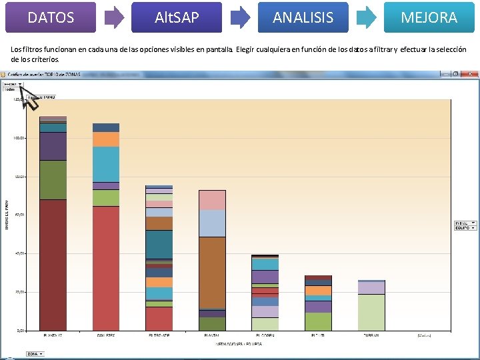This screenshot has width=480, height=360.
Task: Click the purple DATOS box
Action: pyautogui.click(x=51, y=17)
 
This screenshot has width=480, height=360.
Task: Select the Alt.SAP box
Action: pyautogui.click(x=177, y=17)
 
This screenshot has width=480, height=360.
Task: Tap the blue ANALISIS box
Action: pyautogui.click(x=303, y=17)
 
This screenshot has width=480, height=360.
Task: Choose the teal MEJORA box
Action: pyautogui.click(x=429, y=17)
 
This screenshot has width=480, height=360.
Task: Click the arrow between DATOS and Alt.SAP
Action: pyautogui.click(x=115, y=18)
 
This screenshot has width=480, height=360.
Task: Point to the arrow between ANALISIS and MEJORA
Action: pyautogui.click(x=366, y=18)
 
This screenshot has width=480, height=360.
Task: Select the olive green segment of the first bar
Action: pyautogui.click(x=53, y=179)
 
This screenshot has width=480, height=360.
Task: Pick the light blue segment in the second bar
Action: pyautogui.click(x=106, y=163)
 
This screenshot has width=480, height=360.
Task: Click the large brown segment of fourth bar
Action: pyautogui.click(x=212, y=272)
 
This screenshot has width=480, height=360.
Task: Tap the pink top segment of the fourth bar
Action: pyautogui.click(x=212, y=200)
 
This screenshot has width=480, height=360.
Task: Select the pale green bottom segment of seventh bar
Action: pyautogui.click(x=371, y=312)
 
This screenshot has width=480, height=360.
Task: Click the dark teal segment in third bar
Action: pyautogui.click(x=159, y=243)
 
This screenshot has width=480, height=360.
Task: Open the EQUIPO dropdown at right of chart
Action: pyautogui.click(x=465, y=228)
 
